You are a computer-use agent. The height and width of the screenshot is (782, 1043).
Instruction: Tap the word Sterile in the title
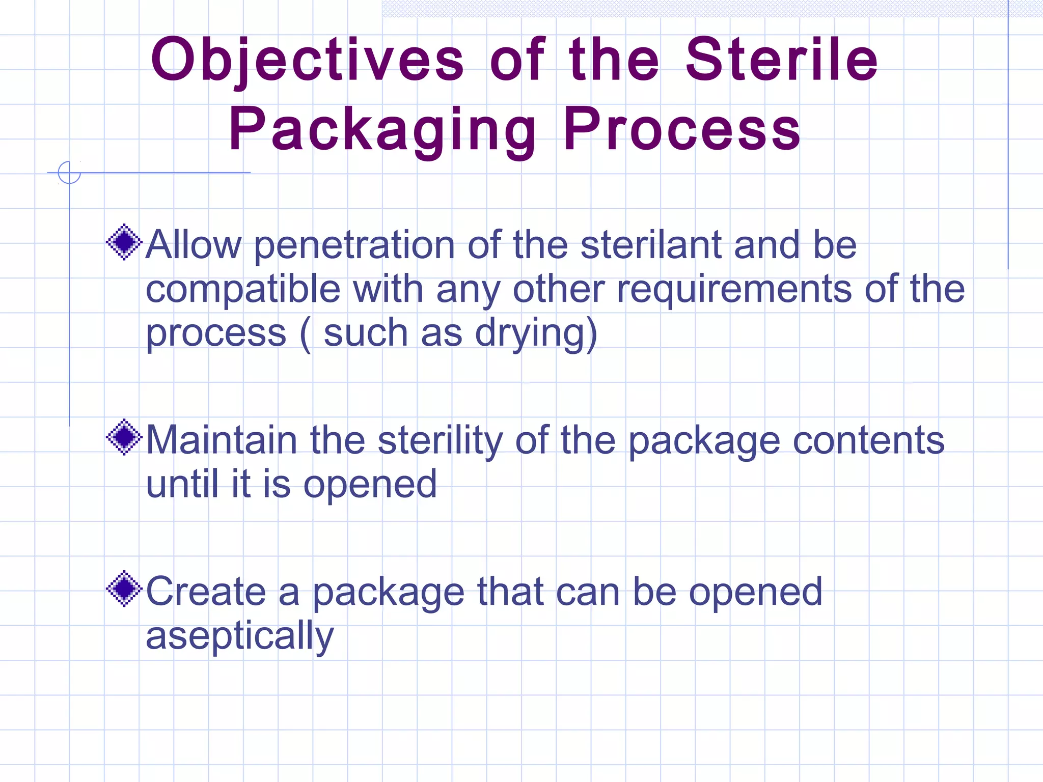tap(781, 60)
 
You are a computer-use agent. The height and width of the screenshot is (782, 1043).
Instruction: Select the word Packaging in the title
tap(382, 130)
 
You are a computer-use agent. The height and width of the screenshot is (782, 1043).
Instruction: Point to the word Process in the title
tap(682, 129)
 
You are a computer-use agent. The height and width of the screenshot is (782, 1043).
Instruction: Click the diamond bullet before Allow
tap(124, 242)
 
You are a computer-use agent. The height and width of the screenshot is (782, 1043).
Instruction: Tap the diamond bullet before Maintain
tap(124, 437)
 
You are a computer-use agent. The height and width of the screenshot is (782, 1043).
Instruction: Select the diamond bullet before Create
tap(124, 589)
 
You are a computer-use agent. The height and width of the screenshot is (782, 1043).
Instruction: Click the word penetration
tap(354, 246)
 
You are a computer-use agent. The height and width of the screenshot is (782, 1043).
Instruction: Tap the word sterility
tap(440, 441)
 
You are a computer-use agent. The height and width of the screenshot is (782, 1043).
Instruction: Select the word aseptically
tap(240, 636)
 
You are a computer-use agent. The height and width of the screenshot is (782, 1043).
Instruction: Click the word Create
tap(206, 592)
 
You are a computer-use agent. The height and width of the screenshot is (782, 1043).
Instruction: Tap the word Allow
tap(194, 245)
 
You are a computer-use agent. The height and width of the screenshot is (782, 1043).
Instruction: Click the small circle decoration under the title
tap(69, 172)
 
